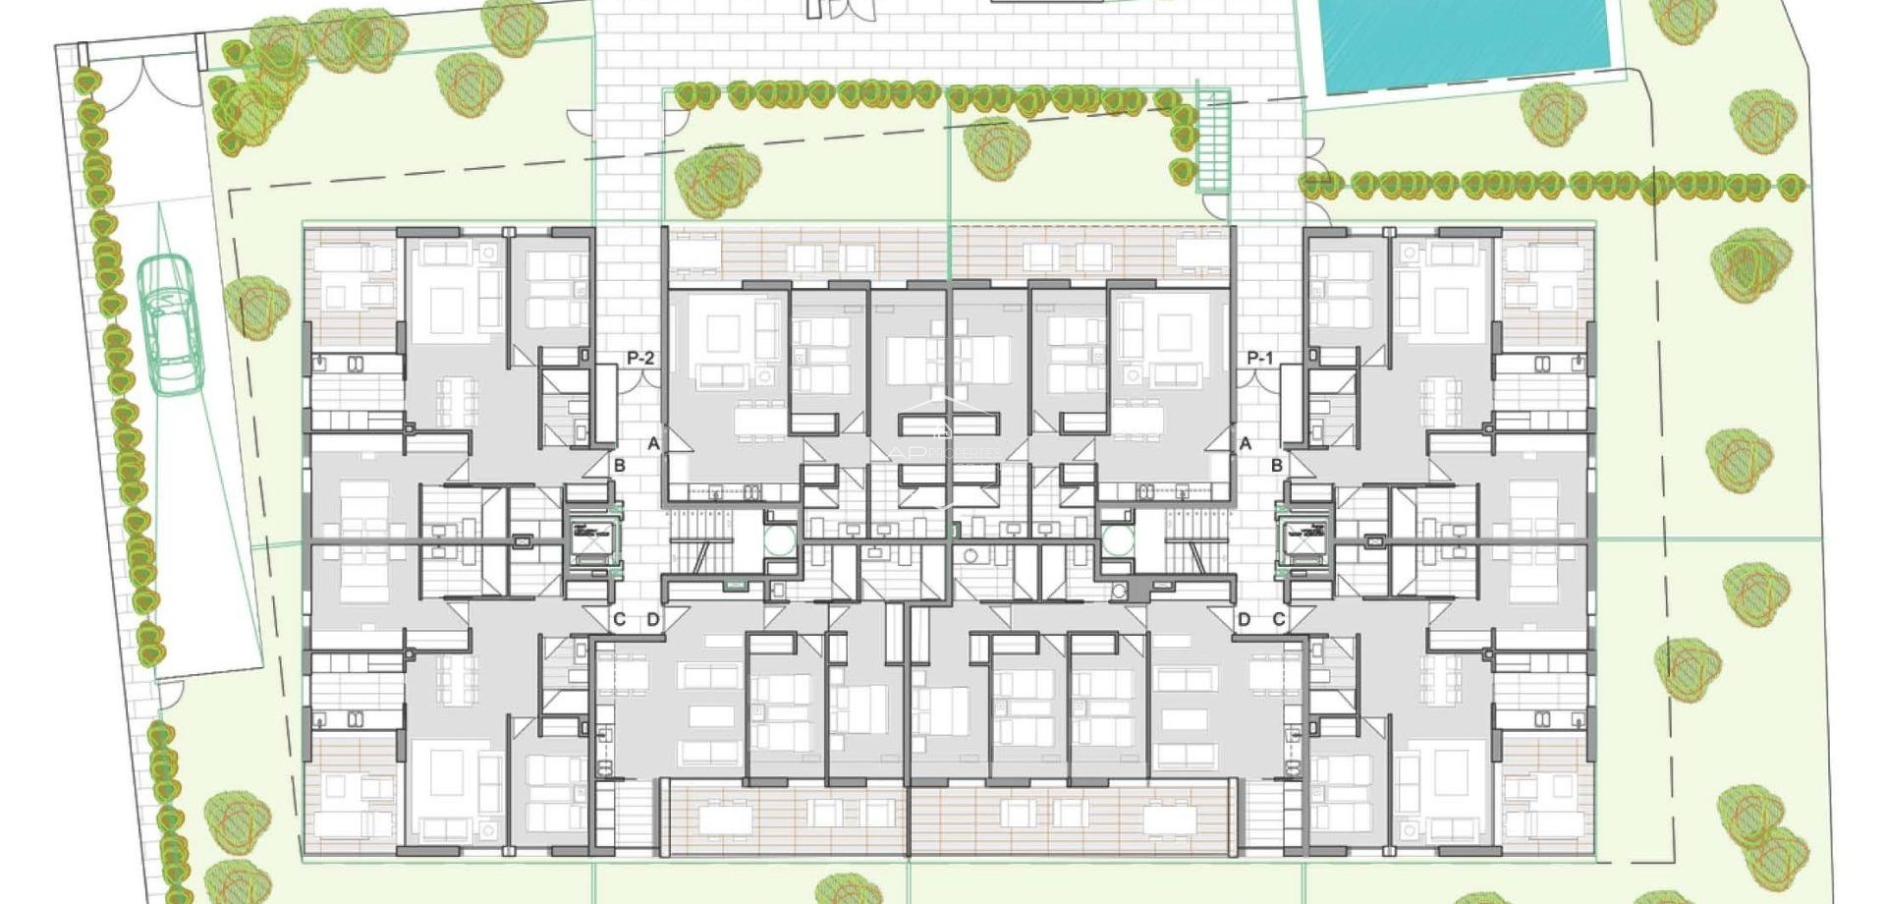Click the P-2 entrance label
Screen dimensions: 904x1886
coord(640,359)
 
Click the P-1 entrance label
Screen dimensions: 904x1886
coord(1260,359)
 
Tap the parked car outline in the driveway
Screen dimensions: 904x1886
coord(168,324)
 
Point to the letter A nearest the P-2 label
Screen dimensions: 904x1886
coord(653,444)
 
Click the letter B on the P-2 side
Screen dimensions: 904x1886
coord(619,465)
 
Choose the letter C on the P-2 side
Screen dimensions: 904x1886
coord(619,619)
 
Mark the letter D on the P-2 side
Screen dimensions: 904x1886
coord(653,619)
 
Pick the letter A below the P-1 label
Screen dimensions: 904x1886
coord(1246,444)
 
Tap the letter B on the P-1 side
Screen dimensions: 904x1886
coord(1277,465)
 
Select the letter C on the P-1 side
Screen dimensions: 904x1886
coord(1279,619)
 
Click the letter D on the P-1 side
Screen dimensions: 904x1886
coord(1245,619)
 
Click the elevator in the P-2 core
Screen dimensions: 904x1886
coord(592,539)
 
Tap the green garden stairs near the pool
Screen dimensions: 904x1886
coord(1214,142)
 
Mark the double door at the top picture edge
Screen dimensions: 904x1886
coord(839,9)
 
